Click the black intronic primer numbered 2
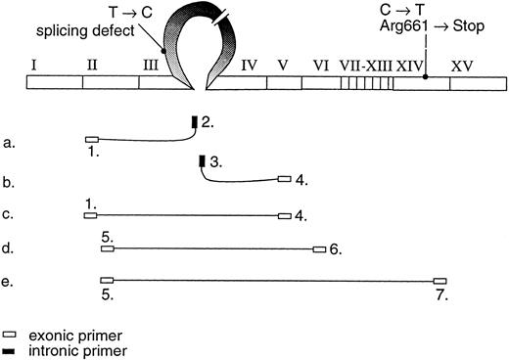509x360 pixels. point(194,122)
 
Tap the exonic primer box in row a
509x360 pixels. point(92,140)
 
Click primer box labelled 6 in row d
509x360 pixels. point(319,249)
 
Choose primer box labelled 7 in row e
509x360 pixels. point(440,280)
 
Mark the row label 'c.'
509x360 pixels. point(9,215)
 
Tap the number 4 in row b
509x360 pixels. point(301,180)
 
